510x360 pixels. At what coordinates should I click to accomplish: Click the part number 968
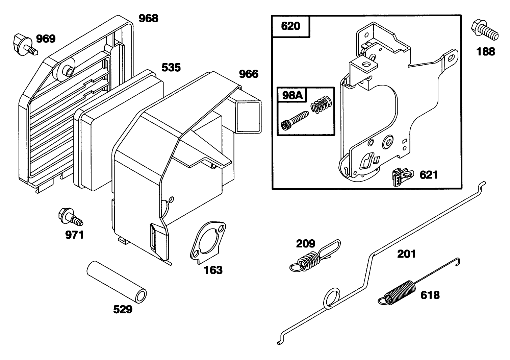point(149,18)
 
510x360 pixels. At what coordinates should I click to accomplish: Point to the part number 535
point(171,67)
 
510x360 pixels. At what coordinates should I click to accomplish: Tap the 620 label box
point(291,26)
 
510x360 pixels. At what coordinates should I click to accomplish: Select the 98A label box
point(292,95)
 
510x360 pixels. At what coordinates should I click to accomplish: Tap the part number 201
point(406,254)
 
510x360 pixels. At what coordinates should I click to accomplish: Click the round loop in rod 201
point(332,297)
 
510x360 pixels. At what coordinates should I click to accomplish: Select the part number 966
point(249,74)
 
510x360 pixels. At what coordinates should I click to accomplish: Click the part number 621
point(429,175)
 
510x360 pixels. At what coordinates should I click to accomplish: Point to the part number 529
point(122,309)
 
